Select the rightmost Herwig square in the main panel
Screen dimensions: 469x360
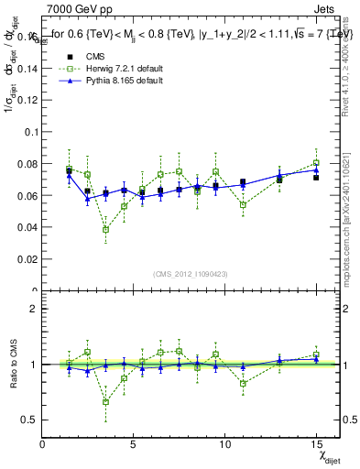(316, 163)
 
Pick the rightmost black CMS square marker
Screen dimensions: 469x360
(316, 177)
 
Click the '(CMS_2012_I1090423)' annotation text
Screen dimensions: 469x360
(191, 275)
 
